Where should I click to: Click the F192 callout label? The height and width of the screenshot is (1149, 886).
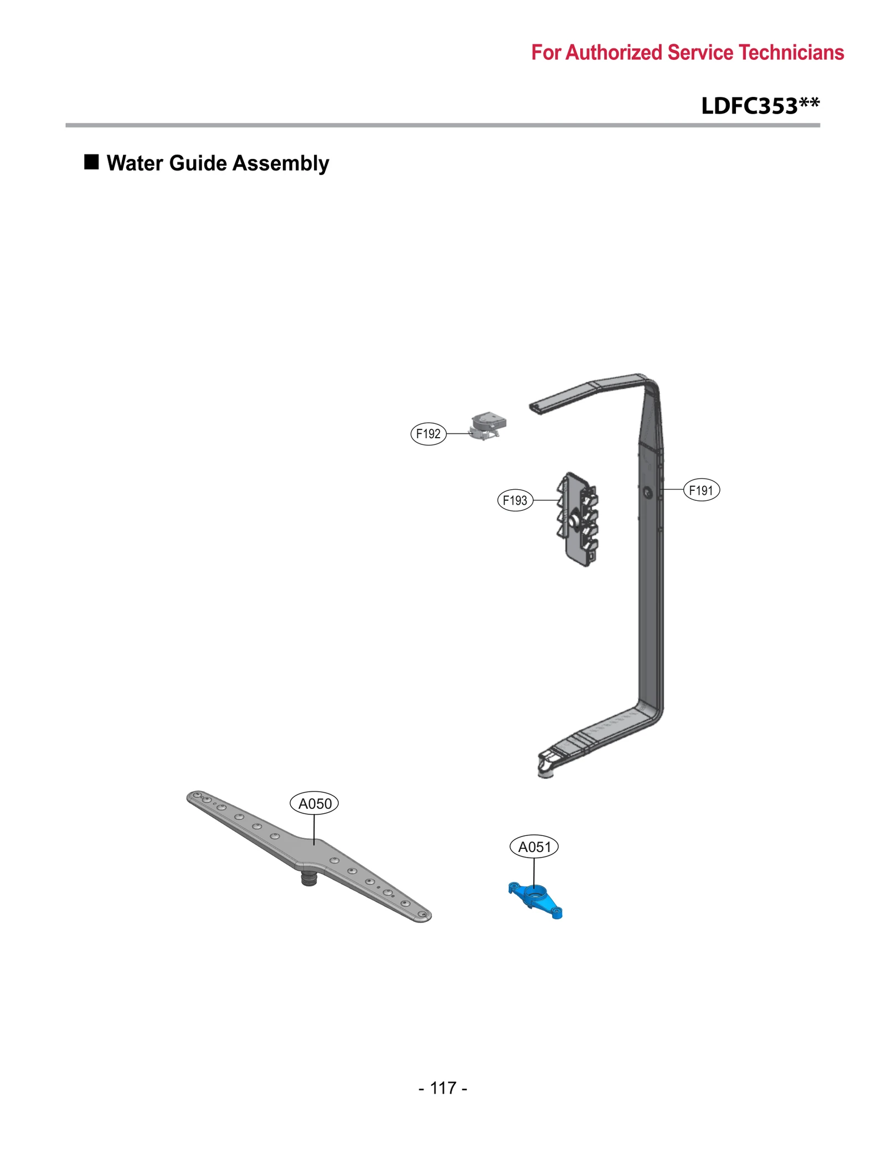[x=428, y=434]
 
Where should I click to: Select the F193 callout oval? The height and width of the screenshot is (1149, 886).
[x=515, y=500]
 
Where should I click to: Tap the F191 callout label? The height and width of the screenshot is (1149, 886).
[x=702, y=490]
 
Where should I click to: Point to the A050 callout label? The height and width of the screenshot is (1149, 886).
[x=315, y=803]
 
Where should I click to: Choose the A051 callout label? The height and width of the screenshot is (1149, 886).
[x=534, y=847]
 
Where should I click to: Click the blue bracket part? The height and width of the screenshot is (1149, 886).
[x=535, y=896]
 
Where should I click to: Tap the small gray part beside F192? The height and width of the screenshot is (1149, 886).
[x=487, y=426]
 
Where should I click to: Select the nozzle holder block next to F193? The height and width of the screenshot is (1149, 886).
[x=578, y=519]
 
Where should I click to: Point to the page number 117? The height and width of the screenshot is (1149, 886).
[x=443, y=1088]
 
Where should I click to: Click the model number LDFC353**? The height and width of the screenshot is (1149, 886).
[x=760, y=106]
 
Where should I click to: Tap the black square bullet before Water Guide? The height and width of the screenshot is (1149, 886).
[x=91, y=162]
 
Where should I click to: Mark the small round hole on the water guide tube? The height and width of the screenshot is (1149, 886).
[x=648, y=492]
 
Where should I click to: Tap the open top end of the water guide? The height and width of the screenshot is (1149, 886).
[x=535, y=408]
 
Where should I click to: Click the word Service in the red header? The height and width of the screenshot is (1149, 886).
[x=700, y=53]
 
